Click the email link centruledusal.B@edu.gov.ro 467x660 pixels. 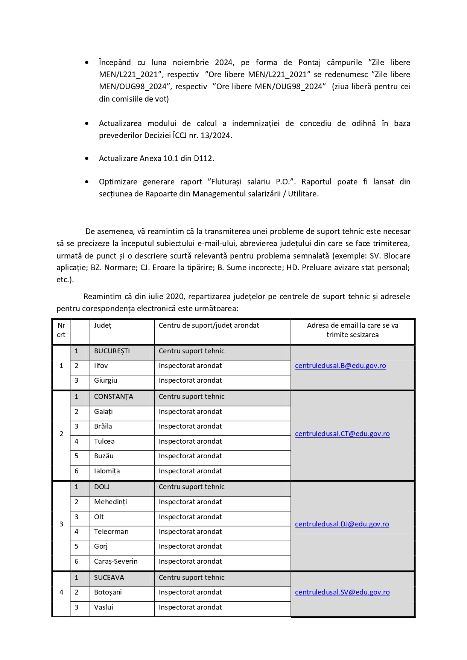point(340,366)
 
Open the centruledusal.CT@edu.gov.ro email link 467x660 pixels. point(342,434)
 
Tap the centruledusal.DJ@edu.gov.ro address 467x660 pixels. point(342,524)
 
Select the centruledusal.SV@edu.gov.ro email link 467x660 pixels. point(342,592)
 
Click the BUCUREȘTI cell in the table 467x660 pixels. point(112,351)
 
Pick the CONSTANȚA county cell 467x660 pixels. point(113,397)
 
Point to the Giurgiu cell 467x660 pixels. point(106,380)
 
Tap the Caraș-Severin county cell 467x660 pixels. point(116,561)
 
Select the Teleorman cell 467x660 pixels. point(111,532)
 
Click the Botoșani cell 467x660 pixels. point(108,592)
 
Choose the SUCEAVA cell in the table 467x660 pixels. point(109,578)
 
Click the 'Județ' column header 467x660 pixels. point(103,325)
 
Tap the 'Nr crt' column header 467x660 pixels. point(61,330)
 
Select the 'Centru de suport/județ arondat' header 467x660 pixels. point(209,325)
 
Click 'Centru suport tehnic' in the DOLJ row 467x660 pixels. point(192,487)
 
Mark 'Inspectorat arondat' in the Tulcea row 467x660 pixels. point(190,441)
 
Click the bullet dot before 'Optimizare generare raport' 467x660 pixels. point(87,182)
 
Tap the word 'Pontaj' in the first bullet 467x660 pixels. point(310,62)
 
